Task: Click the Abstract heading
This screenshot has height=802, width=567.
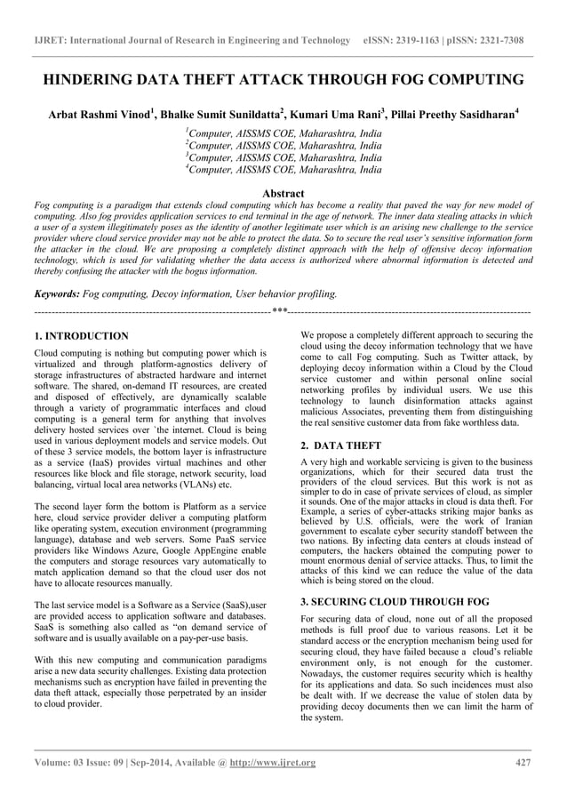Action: pos(283,193)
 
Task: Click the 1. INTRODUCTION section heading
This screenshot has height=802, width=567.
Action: pos(81,337)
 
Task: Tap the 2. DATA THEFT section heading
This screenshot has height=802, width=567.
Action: pos(342,444)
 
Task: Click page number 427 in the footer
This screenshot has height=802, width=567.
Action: pos(524,762)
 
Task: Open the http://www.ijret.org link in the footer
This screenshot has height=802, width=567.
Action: pos(271,762)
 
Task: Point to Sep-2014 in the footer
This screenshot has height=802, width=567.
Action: pos(150,762)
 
